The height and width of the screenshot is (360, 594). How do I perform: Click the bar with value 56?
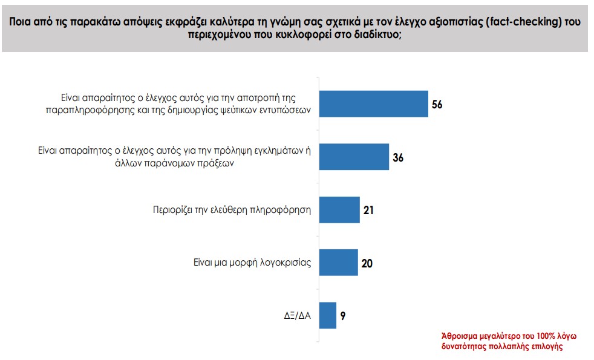[x=373, y=104]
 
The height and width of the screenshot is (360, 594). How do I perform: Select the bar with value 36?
[x=353, y=157]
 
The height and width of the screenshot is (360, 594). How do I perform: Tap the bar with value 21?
[x=339, y=210]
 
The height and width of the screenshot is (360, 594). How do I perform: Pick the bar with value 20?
[x=338, y=263]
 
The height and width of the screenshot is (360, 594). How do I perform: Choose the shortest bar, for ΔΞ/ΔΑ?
[x=327, y=315]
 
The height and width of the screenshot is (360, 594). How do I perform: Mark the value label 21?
[x=369, y=211]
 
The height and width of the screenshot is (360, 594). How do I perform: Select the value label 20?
[x=367, y=263]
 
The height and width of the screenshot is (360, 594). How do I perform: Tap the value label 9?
[x=342, y=316]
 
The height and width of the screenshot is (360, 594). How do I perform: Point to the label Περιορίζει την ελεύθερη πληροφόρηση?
[x=232, y=211]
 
